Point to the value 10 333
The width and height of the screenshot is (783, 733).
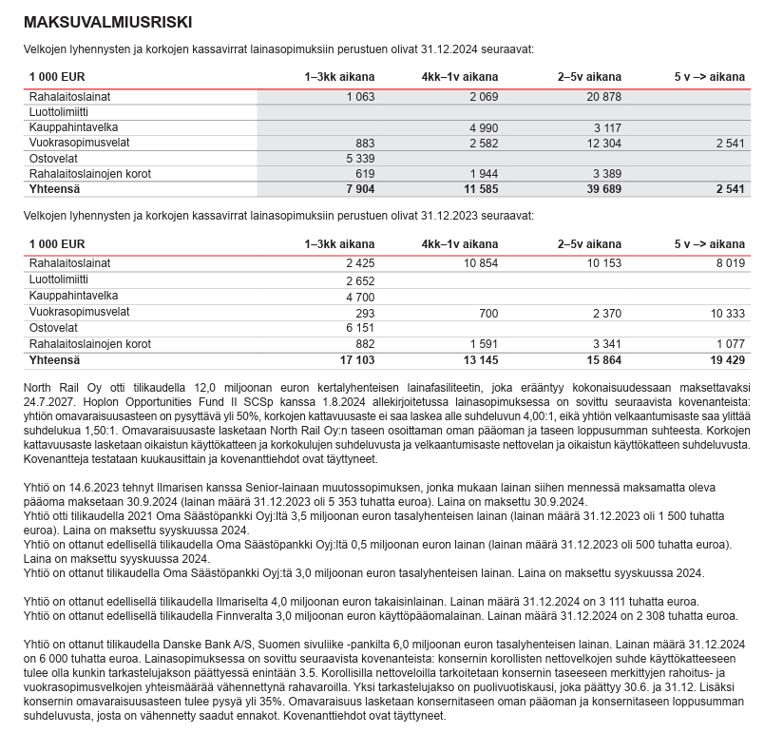728,312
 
